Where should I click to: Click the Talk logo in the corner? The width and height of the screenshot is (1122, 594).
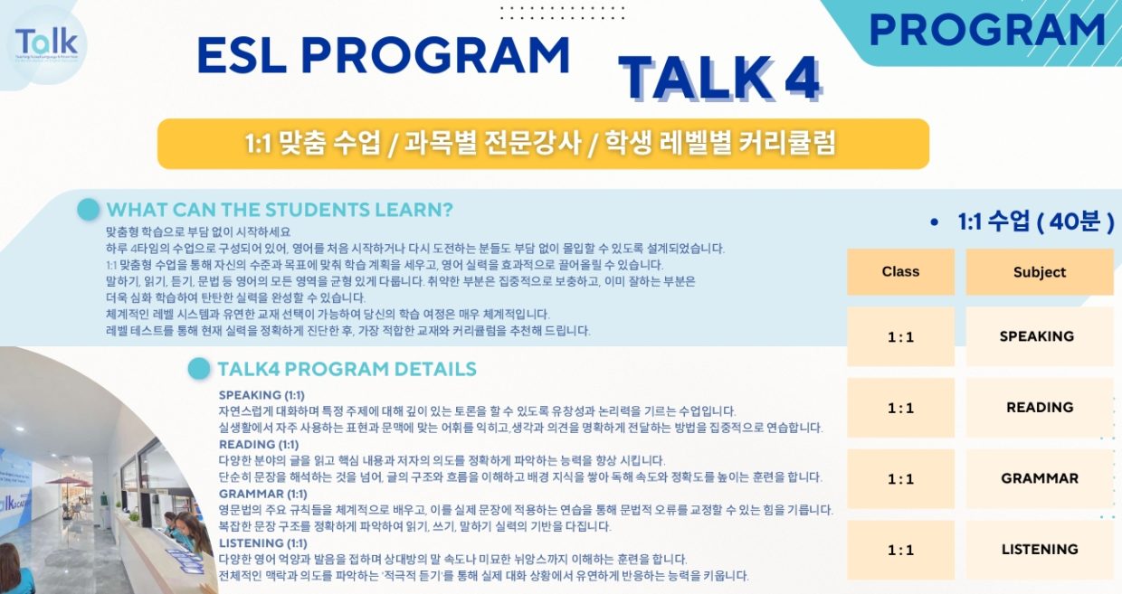[x=46, y=44]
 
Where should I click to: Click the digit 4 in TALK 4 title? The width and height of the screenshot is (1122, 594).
[x=802, y=78]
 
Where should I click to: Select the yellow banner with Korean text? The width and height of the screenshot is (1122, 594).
[x=544, y=144]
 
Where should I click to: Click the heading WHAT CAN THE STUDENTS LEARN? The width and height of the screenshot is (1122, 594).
[x=280, y=210]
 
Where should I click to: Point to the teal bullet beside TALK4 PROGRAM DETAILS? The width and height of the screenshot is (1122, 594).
[x=199, y=369]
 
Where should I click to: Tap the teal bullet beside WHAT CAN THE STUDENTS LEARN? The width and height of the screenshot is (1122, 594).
[x=88, y=210]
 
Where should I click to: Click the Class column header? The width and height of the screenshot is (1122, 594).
[x=900, y=272]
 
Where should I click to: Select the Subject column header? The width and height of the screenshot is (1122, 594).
[x=1040, y=272]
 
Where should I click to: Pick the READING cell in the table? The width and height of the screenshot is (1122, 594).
[x=1040, y=408]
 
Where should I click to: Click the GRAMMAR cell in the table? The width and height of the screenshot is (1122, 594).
[x=1040, y=478]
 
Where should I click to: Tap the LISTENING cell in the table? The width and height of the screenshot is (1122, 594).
[x=1040, y=550]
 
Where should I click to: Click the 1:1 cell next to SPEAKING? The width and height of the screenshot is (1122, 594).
[x=900, y=336]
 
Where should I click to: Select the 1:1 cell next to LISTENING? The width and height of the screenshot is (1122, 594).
[x=900, y=550]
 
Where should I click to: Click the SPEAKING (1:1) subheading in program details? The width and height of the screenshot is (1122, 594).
[x=261, y=395]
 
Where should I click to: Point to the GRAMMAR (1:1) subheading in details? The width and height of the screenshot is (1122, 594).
[x=263, y=494]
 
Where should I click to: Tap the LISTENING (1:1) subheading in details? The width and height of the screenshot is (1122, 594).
[x=263, y=543]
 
